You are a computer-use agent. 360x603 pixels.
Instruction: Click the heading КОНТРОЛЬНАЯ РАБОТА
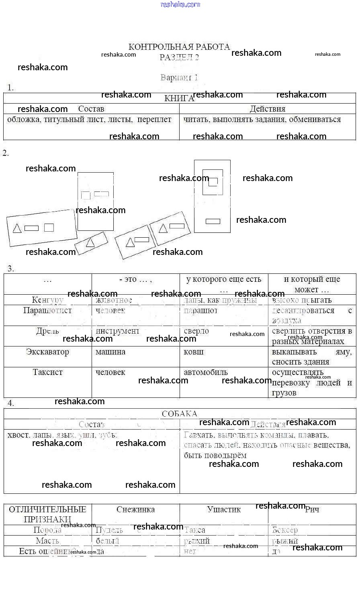[x=179, y=47]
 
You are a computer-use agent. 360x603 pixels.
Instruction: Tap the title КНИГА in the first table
[x=179, y=98]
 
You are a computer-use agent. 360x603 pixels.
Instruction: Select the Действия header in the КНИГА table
[x=268, y=109]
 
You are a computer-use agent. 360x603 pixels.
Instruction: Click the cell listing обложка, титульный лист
[x=89, y=120]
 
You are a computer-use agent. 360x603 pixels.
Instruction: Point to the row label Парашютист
[x=47, y=311]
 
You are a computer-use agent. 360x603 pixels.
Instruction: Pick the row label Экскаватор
[x=47, y=352]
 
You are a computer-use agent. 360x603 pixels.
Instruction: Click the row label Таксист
[x=47, y=373]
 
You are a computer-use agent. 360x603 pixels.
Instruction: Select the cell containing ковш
[x=194, y=352]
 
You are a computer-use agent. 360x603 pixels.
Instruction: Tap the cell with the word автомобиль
[x=206, y=373]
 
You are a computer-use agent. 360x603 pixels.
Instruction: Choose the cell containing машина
[x=110, y=352]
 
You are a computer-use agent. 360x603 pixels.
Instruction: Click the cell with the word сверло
[x=196, y=331]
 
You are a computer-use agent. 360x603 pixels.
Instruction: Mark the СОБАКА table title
[x=180, y=414]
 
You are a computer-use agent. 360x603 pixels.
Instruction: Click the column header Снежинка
[x=135, y=510]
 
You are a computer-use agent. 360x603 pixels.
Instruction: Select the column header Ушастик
[x=224, y=510]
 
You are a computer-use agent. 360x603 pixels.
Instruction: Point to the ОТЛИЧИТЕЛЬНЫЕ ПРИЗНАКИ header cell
[x=47, y=514]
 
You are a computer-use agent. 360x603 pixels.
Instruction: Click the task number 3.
[x=10, y=269]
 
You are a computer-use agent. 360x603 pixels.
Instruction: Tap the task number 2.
[x=5, y=153]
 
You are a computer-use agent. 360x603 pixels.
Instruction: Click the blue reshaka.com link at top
[x=180, y=4]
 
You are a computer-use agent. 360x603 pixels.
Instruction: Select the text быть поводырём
[x=215, y=456]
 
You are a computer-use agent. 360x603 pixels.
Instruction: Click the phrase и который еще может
[x=312, y=284]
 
